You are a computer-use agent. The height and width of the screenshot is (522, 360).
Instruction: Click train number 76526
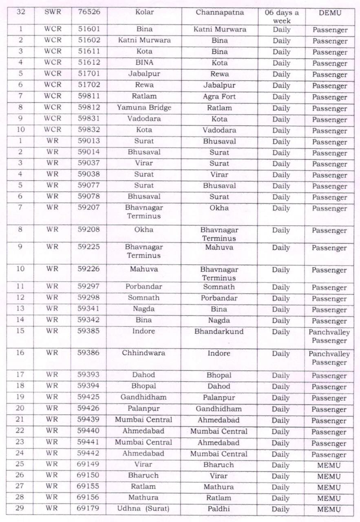point(88,12)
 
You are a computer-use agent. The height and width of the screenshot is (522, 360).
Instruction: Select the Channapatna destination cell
point(219,12)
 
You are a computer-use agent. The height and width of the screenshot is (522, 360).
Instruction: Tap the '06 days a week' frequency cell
point(281,16)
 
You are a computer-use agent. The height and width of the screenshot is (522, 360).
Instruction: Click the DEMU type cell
point(329,13)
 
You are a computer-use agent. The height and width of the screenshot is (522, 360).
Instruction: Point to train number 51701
point(88,74)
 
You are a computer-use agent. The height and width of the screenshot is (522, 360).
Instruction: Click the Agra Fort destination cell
point(219,97)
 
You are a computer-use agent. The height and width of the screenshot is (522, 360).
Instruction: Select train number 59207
point(88,208)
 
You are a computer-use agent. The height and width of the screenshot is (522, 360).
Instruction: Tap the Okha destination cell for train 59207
point(219,208)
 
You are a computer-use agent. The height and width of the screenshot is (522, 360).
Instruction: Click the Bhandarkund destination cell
point(219,332)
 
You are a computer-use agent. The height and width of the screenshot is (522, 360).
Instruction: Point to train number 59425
point(88,397)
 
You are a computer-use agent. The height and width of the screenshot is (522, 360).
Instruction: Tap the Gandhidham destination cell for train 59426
point(219,409)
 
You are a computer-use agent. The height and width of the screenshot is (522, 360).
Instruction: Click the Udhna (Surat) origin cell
point(144,509)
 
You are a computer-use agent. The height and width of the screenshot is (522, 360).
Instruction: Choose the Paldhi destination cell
point(219,509)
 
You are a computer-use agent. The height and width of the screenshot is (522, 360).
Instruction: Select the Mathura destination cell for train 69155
point(219,487)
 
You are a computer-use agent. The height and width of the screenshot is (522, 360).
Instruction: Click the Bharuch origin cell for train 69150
point(144,476)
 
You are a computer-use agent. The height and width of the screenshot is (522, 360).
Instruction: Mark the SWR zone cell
point(52,12)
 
